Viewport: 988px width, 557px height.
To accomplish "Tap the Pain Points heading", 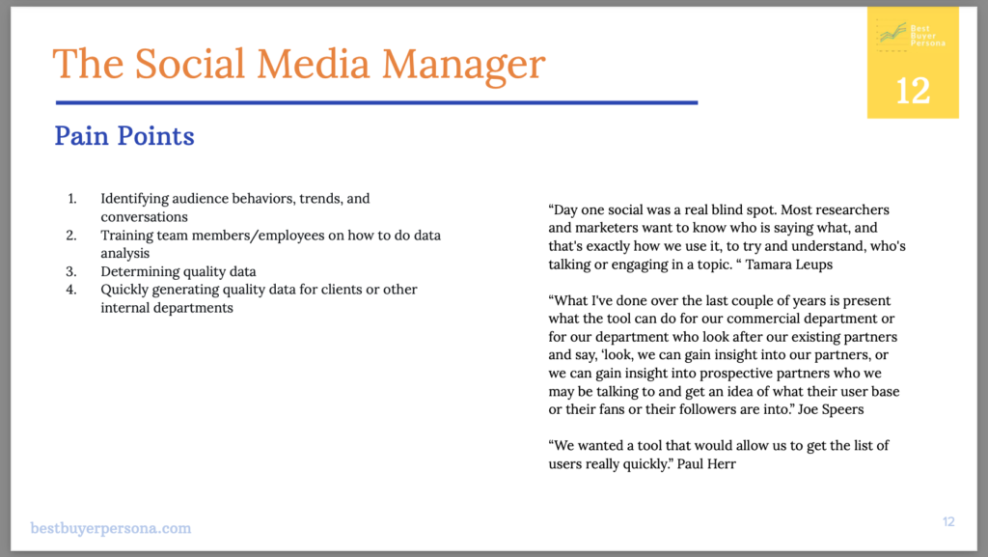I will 124,136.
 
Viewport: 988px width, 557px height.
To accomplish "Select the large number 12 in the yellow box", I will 913,91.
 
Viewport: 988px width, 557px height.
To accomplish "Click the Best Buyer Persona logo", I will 912,35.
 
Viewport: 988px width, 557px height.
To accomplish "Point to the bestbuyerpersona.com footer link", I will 111,528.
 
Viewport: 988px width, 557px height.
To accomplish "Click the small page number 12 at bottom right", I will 948,522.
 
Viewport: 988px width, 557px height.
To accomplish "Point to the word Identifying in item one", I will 134,199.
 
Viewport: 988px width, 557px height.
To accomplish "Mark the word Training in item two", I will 128,236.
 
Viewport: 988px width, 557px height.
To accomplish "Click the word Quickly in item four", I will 126,290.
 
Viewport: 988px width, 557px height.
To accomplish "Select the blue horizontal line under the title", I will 376,102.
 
